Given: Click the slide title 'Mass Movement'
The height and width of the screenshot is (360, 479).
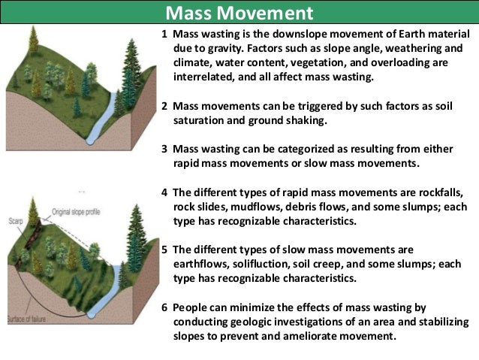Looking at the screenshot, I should point(239,13).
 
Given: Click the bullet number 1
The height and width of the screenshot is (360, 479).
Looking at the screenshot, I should point(164,35).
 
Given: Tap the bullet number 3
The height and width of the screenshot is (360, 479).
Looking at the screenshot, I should point(164,150).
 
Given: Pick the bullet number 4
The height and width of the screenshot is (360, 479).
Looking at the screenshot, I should point(164,192).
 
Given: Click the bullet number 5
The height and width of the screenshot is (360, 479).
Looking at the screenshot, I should point(164,249).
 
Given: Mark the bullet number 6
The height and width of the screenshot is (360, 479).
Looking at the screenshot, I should point(164,308).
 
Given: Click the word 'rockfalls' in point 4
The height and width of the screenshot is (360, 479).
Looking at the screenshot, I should point(443,192).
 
